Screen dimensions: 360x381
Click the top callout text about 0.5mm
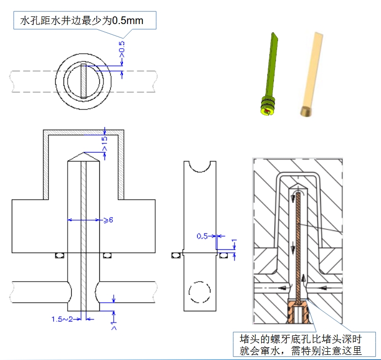pos(81,21)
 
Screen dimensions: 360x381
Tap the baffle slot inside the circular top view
pos(83,80)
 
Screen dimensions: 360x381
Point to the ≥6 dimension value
pos(108,220)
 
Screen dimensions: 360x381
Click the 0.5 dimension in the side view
pos(203,236)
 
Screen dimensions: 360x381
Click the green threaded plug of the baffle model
pos(267,105)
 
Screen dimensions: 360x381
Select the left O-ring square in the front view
pos(61,255)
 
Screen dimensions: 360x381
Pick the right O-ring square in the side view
pos(224,254)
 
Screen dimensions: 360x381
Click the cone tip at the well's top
pos(83,155)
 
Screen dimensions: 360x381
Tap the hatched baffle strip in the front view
pos(83,230)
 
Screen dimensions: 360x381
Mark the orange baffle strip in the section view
pos(298,241)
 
